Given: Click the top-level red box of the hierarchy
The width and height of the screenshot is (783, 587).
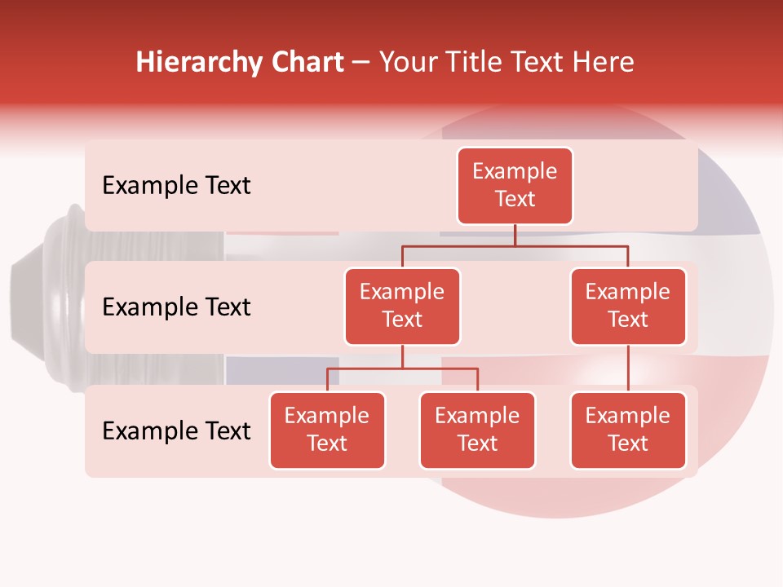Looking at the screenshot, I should (515, 185).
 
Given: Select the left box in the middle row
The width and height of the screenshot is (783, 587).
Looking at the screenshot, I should (402, 306).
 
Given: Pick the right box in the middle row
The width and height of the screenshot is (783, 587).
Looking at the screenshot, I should (628, 306).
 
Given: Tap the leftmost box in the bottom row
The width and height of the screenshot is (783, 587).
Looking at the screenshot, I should (327, 430).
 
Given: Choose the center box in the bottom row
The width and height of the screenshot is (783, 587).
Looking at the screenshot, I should (477, 430).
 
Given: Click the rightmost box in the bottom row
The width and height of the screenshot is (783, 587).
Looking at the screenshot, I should (628, 430).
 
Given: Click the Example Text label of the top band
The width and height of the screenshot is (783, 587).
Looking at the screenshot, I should (176, 186).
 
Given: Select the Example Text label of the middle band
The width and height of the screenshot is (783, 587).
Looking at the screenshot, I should (176, 307).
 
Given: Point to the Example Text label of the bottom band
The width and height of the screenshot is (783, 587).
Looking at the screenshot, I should (176, 431).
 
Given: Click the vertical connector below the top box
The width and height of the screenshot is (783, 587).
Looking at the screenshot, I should (515, 235).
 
